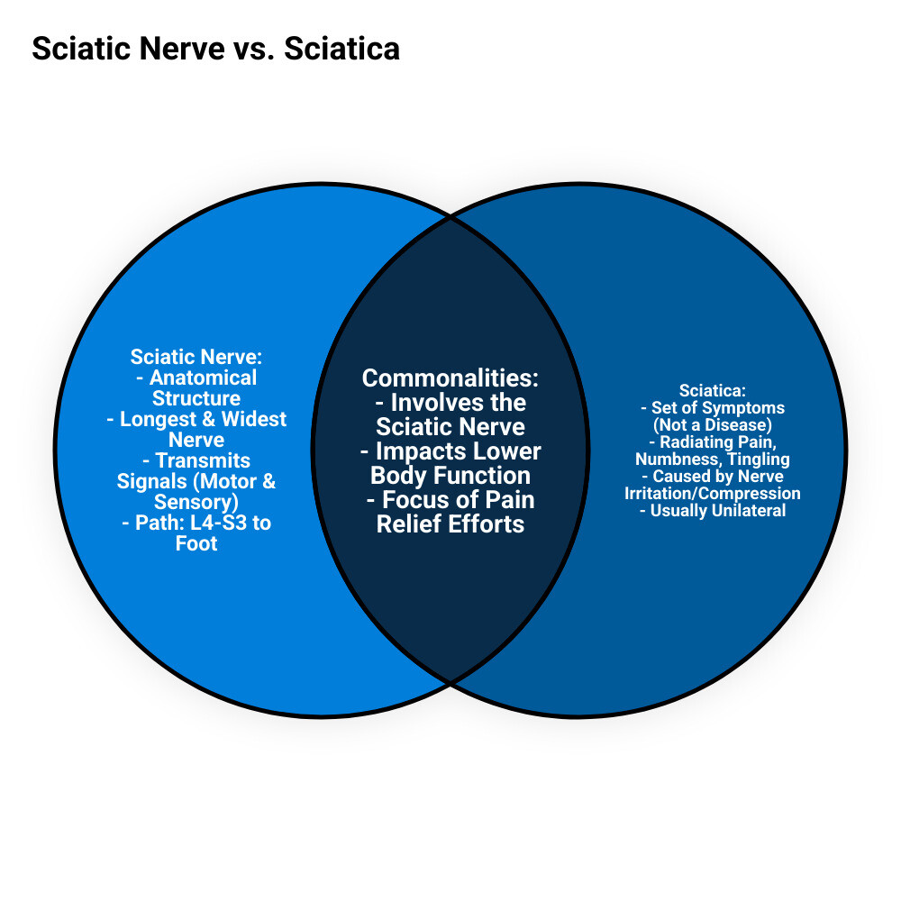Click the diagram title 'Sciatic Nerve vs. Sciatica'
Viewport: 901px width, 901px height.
pyautogui.click(x=215, y=49)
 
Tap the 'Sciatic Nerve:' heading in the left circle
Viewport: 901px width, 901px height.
pyautogui.click(x=196, y=357)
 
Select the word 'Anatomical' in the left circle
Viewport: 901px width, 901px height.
pyautogui.click(x=203, y=378)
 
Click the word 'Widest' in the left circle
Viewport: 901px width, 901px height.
pyautogui.click(x=254, y=419)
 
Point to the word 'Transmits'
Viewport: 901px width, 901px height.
pyautogui.click(x=203, y=460)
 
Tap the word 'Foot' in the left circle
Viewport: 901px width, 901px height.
pyautogui.click(x=196, y=543)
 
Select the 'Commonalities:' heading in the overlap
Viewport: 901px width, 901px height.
pyautogui.click(x=450, y=378)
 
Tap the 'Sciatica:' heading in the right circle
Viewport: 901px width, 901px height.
pyautogui.click(x=713, y=391)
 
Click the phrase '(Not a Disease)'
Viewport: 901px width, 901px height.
pyautogui.click(x=713, y=425)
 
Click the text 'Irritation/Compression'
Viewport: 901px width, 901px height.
pyautogui.click(x=713, y=494)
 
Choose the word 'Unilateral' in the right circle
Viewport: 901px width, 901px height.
pyautogui.click(x=747, y=511)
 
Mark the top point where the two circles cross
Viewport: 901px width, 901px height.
pyautogui.click(x=450, y=217)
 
